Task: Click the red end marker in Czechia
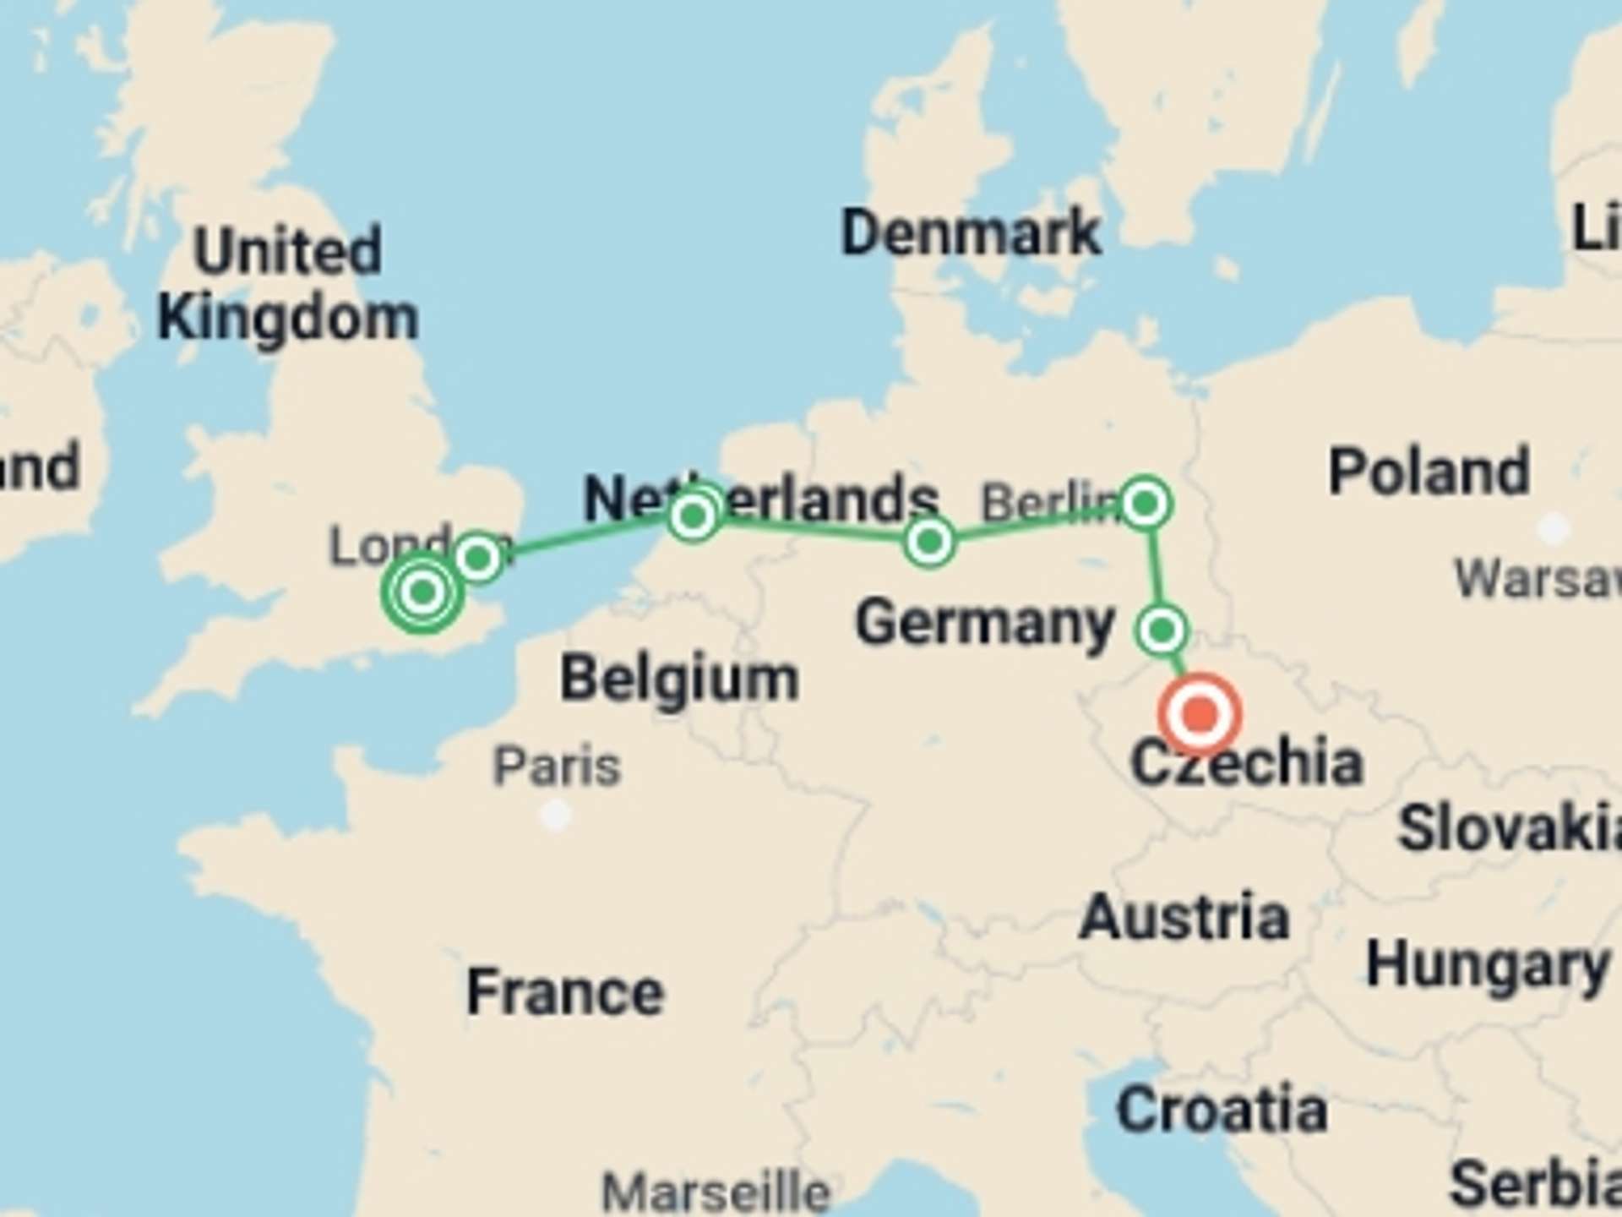click(x=1200, y=714)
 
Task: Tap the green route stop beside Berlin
click(x=1145, y=505)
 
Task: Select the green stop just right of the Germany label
click(x=1162, y=630)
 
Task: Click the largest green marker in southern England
click(x=422, y=592)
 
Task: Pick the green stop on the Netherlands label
click(x=693, y=515)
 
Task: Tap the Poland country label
click(x=1429, y=472)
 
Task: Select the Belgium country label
click(x=679, y=679)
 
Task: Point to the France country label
click(x=565, y=992)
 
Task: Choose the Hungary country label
click(x=1487, y=965)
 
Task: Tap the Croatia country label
click(x=1222, y=1110)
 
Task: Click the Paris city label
click(x=557, y=767)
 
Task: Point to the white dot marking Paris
click(x=555, y=816)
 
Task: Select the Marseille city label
click(x=716, y=1192)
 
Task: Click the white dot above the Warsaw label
click(x=1552, y=529)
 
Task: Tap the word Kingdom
click(x=288, y=319)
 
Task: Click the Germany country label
click(x=985, y=623)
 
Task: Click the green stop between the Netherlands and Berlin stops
click(x=929, y=542)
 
